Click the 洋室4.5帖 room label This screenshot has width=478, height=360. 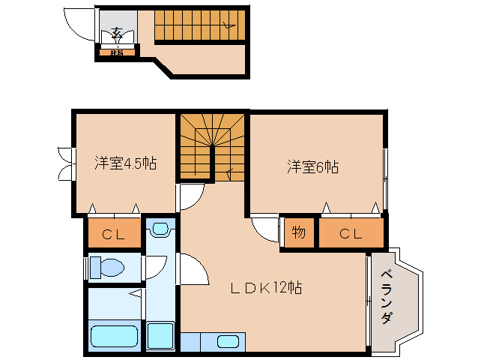[x=125, y=163]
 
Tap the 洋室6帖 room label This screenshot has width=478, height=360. [x=312, y=166]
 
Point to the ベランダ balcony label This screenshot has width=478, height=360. [x=385, y=297]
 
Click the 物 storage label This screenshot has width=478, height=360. [x=299, y=232]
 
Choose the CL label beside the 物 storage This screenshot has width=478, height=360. [x=351, y=233]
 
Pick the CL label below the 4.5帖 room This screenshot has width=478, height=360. [x=114, y=234]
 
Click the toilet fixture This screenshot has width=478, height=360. [x=106, y=267]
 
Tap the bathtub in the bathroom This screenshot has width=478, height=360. [x=114, y=337]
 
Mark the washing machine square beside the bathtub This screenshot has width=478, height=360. [x=160, y=335]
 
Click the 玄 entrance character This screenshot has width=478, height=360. [x=118, y=32]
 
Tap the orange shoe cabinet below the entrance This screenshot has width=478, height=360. [x=117, y=52]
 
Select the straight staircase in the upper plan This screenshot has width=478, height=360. [x=199, y=25]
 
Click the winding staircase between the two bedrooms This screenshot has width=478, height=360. [x=213, y=146]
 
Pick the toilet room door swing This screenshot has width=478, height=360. [x=156, y=267]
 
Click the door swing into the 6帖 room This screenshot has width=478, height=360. [x=263, y=226]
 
